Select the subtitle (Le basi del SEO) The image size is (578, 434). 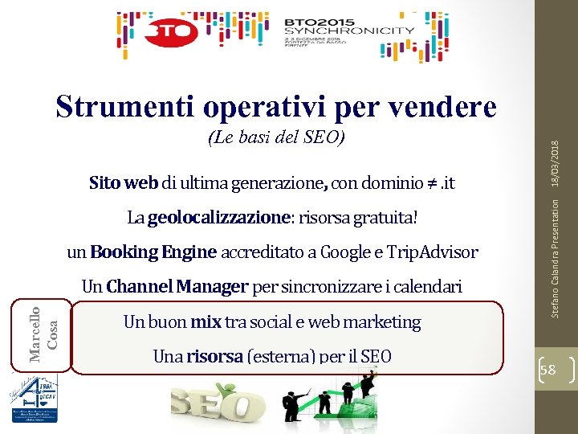276,137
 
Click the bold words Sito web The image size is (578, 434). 124,183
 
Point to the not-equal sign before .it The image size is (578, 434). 430,184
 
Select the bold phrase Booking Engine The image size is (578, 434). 153,252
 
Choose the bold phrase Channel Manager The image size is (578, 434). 177,286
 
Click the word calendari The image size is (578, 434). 427,286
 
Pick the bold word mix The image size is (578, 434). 206,321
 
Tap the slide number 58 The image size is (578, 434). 550,368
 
